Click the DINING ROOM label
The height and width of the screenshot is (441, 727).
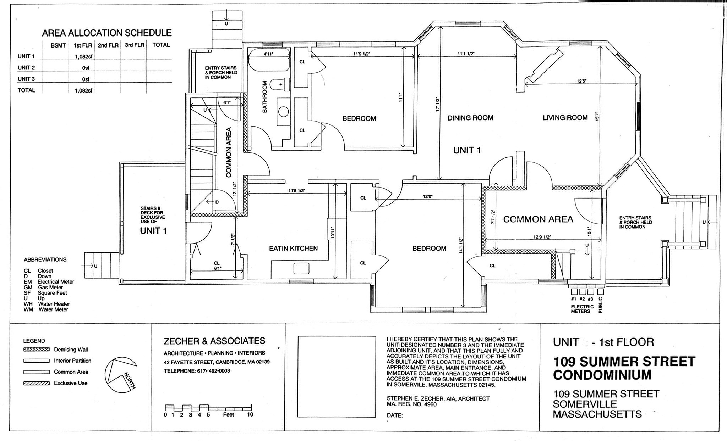pos(470,118)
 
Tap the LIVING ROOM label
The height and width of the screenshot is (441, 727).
pos(565,118)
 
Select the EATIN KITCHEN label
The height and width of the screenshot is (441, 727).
pos(293,248)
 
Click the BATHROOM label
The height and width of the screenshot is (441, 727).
pos(264,97)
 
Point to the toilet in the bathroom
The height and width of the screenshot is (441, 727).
pos(277,85)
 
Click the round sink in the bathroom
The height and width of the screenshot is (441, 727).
pos(283,112)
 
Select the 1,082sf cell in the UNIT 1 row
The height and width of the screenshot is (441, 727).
pos(84,56)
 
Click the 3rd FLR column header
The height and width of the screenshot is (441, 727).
pos(135,45)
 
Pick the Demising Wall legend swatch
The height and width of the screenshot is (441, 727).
pos(37,350)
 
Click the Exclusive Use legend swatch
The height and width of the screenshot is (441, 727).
pos(37,383)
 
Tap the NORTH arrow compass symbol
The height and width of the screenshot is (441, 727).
pos(121,374)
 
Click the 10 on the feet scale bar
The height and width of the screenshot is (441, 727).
pos(250,414)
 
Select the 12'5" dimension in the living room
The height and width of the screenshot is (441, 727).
pos(581,81)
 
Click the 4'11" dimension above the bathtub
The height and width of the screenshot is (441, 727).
pos(268,54)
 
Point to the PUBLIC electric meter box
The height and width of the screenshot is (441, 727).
pos(601,292)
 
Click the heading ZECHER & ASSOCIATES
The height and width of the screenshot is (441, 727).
pos(214,341)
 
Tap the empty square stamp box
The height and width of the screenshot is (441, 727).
pos(337,376)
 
